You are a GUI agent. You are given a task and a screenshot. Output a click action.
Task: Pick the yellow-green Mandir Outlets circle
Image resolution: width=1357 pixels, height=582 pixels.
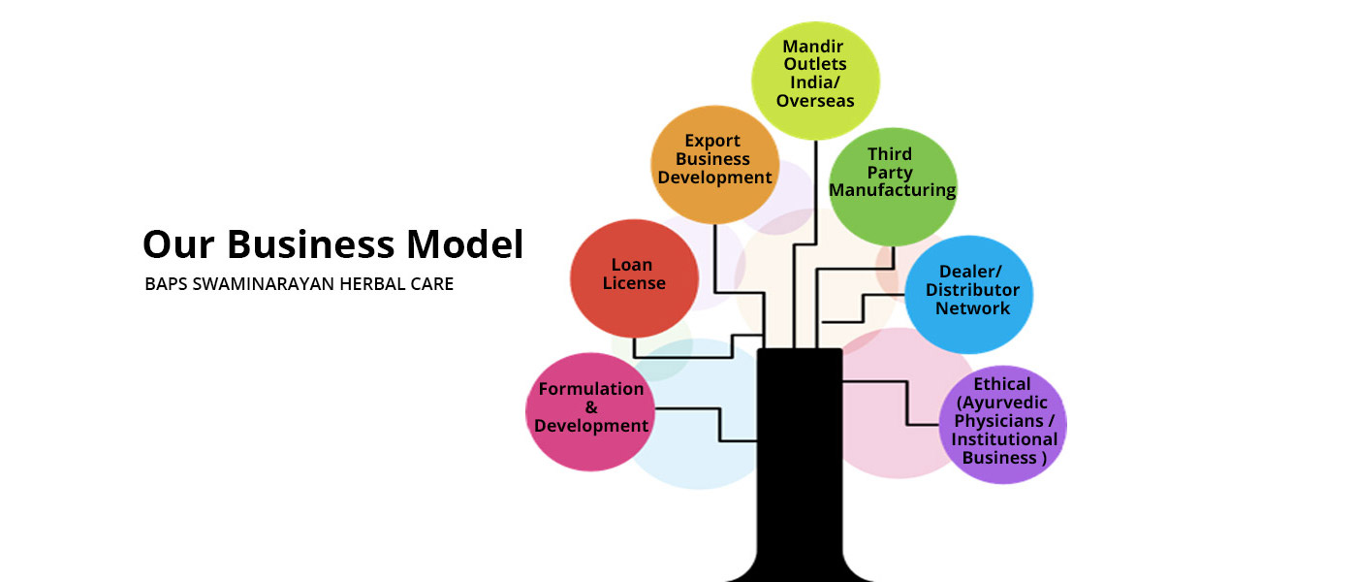[x=816, y=73]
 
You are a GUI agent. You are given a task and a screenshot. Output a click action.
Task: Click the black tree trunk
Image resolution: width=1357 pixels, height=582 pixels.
[x=799, y=456]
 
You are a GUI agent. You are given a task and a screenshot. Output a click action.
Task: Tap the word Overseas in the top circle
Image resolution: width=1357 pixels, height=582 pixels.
[x=816, y=101]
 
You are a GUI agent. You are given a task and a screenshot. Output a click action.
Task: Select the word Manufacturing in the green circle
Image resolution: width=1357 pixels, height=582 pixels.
[x=892, y=190]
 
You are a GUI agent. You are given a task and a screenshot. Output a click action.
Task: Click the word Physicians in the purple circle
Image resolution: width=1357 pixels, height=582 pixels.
[x=1004, y=421]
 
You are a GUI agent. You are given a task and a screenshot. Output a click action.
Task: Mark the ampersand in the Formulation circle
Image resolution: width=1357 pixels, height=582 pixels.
[x=591, y=407]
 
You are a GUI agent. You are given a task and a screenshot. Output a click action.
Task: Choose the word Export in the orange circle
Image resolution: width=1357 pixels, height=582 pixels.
[x=712, y=141]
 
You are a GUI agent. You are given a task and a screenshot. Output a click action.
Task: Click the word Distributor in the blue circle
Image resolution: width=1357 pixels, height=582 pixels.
[x=972, y=290]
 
